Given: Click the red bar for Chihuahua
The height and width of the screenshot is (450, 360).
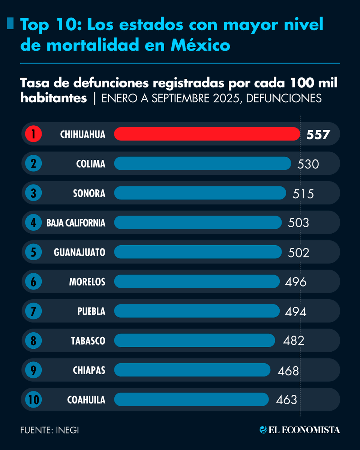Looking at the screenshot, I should pos(207,134).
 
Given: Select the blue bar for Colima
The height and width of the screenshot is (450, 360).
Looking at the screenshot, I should pos(202,163).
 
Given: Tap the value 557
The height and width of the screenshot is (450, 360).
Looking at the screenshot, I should pos(318,134).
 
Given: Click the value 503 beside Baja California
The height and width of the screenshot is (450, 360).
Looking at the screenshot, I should pos(298,223).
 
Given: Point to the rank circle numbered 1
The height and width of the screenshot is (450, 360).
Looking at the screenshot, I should pos(34,134).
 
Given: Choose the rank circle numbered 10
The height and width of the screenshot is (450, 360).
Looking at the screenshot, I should pos(34,400).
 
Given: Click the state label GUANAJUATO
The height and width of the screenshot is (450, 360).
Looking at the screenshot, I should pos(79,252).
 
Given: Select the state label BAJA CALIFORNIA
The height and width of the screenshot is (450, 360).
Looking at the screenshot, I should pos(76,223).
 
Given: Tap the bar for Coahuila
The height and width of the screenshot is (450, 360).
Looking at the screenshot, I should pos(191,399).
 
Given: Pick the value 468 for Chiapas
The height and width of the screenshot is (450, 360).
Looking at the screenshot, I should pos(288,371).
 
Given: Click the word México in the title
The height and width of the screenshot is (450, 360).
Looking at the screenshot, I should pos(200,45).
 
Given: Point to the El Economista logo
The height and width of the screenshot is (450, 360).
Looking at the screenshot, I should pos(300,430).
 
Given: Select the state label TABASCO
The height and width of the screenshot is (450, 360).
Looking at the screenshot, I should pos(88,341).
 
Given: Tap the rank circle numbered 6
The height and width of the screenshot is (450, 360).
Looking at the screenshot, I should pos(34,282).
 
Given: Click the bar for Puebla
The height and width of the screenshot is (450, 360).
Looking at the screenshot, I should pos(197,311).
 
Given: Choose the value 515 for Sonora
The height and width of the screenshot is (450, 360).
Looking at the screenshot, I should pos(303,194).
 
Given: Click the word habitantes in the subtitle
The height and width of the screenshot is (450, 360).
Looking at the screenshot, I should pos(54,98).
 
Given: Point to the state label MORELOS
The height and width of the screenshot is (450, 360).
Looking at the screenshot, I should pos(87,282).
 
